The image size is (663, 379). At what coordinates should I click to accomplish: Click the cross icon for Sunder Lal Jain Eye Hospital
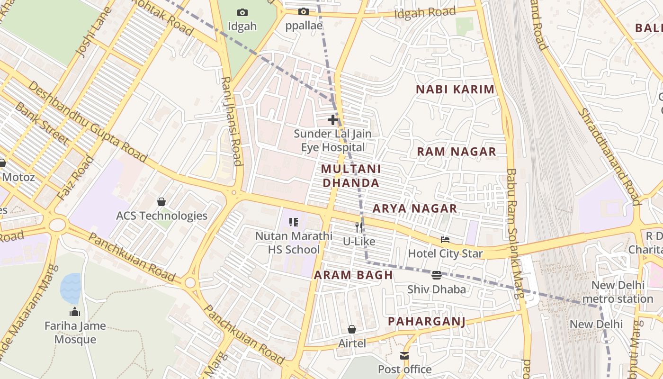point(333,120)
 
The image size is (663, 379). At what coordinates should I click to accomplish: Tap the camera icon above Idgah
point(242,12)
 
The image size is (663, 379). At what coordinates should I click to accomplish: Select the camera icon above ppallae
point(304,11)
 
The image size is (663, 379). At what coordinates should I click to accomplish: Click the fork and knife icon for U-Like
point(359,227)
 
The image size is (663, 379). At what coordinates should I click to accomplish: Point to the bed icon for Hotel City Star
point(445,240)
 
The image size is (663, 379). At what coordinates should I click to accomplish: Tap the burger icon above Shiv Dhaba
point(437,275)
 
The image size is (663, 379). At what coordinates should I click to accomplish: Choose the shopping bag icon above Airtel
point(352,329)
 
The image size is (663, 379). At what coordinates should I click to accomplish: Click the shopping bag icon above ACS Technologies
point(161,202)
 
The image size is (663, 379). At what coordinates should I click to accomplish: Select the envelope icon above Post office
point(404,356)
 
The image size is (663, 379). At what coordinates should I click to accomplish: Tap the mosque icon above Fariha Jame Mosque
point(75,312)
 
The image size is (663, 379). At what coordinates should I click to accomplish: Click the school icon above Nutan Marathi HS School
point(293,222)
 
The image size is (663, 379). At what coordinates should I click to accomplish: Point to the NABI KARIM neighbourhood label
point(455,89)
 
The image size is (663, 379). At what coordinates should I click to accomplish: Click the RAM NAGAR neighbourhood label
point(456,152)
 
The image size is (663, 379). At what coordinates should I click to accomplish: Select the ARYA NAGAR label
point(414,208)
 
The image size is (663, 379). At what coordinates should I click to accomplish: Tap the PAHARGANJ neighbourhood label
point(426,322)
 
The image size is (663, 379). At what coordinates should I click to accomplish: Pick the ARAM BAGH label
point(353,275)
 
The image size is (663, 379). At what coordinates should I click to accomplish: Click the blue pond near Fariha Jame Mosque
point(71,288)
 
